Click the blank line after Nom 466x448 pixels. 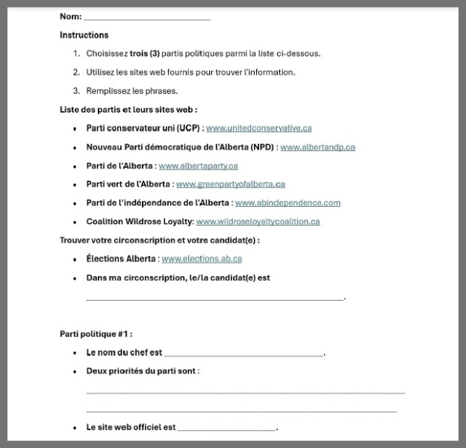146,17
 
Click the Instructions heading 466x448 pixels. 84,35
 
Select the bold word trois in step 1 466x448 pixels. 138,54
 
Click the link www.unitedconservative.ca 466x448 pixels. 258,128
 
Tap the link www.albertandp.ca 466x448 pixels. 317,147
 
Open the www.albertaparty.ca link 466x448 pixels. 198,166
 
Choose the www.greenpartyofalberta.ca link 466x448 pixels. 230,184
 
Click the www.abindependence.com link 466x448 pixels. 288,203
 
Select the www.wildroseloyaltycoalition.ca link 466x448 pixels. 258,222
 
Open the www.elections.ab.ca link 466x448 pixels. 202,259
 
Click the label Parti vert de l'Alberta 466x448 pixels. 128,184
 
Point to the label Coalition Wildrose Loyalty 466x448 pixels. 139,222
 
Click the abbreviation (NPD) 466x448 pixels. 261,147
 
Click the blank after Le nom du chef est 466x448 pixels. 243,354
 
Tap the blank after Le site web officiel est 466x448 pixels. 227,429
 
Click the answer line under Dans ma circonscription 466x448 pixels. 215,298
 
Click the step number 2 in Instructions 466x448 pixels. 76,72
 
